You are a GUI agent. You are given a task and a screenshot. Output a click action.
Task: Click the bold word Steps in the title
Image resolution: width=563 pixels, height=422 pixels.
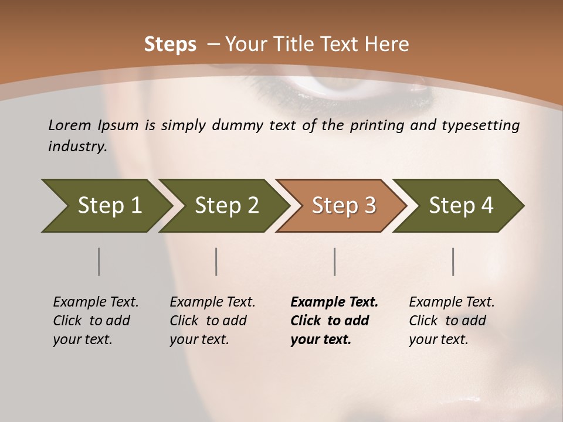(170, 45)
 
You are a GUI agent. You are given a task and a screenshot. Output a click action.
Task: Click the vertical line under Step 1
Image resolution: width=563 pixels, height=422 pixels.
(99, 261)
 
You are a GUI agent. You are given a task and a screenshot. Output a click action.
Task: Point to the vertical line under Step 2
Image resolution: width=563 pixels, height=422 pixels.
(216, 261)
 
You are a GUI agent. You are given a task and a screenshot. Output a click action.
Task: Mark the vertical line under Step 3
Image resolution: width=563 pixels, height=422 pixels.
(335, 261)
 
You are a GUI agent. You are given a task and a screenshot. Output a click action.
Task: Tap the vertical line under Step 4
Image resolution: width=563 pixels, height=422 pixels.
(453, 261)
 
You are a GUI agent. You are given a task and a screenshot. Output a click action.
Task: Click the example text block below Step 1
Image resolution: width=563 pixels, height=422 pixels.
(96, 321)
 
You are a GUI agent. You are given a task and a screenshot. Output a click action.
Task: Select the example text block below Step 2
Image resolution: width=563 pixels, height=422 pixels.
(212, 321)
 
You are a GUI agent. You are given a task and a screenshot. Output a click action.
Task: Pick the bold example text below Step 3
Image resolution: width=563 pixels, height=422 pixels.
(334, 321)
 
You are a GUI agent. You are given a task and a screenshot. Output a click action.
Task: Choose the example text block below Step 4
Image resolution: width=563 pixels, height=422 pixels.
(452, 321)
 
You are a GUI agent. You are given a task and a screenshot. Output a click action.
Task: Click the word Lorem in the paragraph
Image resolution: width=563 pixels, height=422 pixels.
(70, 125)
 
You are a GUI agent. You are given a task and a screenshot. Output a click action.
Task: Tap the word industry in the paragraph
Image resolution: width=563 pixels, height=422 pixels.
(77, 147)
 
